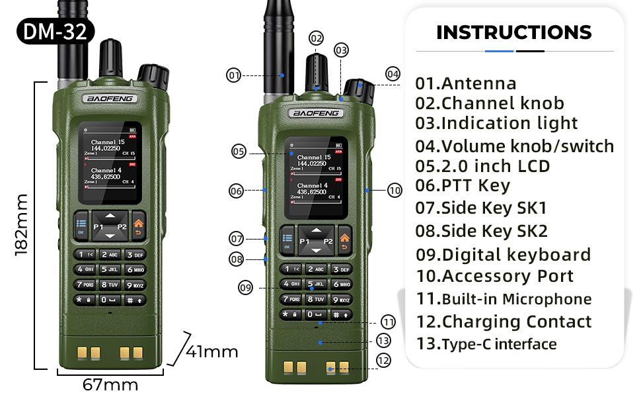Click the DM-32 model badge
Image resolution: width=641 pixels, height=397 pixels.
coord(56,32)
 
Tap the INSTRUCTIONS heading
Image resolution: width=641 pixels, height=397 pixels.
coord(514,32)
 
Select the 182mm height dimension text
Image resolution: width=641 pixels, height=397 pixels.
coord(21,225)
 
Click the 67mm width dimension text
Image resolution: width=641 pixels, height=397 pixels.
coord(110,384)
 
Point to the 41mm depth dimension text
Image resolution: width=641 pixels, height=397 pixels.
coord(211,351)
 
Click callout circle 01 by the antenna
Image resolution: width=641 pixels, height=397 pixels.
coord(234,75)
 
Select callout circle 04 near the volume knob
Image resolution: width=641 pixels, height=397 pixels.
coord(393,73)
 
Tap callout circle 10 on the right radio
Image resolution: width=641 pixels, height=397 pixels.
coord(395,191)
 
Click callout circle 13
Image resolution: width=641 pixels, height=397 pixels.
coord(384,341)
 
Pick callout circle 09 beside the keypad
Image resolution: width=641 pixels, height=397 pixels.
coord(246,287)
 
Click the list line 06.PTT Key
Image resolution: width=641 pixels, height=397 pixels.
coord(463,186)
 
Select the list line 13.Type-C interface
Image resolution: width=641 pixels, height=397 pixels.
coord(486,344)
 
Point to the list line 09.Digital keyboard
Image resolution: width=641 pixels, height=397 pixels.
coord(503,255)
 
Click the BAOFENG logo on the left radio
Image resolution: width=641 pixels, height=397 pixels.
coord(110,99)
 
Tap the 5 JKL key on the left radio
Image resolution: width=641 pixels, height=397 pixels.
coord(110,269)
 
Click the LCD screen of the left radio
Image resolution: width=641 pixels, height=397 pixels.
coord(109,163)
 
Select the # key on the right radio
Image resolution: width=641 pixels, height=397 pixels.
coord(340,315)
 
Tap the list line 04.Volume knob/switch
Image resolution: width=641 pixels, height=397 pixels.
coord(514,146)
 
